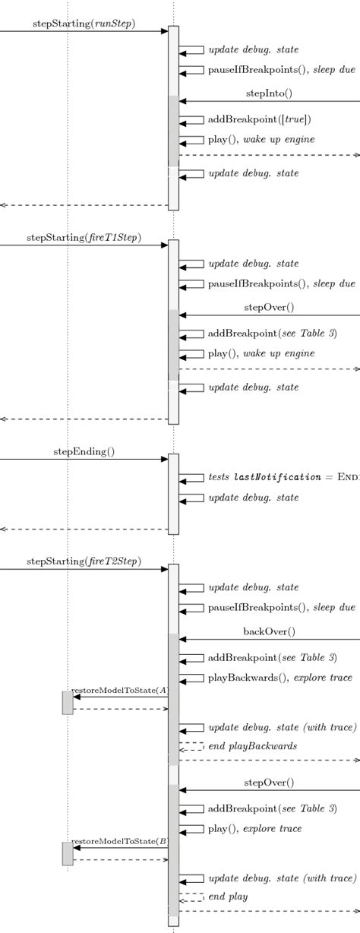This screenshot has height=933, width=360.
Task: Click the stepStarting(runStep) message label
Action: pyautogui.click(x=84, y=24)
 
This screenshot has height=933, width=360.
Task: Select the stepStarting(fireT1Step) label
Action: pyautogui.click(x=84, y=238)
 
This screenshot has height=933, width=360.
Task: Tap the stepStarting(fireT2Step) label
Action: pyautogui.click(x=84, y=562)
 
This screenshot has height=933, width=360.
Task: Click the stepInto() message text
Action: pyautogui.click(x=269, y=93)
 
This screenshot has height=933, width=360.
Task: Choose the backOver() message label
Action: pyautogui.click(x=269, y=631)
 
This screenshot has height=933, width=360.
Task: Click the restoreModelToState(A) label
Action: pyautogui.click(x=119, y=690)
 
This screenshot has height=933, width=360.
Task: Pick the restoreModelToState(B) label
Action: pyautogui.click(x=119, y=842)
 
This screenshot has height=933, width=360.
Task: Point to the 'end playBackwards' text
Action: pyautogui.click(x=252, y=746)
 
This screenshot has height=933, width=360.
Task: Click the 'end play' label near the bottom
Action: pyautogui.click(x=228, y=897)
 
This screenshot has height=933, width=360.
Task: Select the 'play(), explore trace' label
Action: pyautogui.click(x=254, y=828)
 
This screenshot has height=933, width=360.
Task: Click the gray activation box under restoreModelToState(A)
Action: pyautogui.click(x=68, y=703)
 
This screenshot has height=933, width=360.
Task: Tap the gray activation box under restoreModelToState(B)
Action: pyautogui.click(x=68, y=854)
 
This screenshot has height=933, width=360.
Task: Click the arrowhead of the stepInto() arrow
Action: pyautogui.click(x=183, y=101)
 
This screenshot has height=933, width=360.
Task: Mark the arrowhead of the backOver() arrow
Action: pyautogui.click(x=183, y=640)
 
